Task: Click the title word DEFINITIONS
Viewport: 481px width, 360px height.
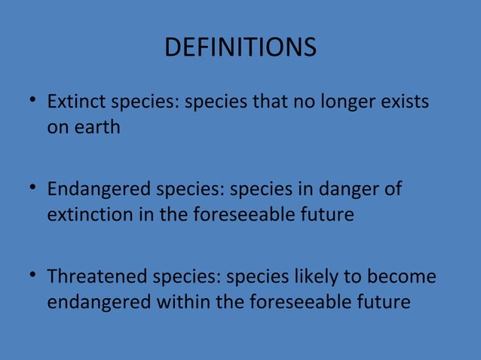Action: [x=240, y=48]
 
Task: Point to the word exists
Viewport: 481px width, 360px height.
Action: [x=409, y=101]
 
